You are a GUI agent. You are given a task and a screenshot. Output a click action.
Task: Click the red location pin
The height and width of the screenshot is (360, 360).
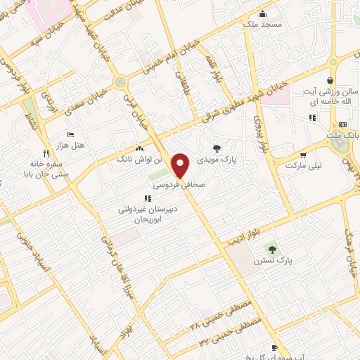point(181,165)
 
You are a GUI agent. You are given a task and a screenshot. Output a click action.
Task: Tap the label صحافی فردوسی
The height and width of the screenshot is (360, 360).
point(179,185)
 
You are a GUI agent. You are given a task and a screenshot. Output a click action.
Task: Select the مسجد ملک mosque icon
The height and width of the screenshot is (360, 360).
point(262,13)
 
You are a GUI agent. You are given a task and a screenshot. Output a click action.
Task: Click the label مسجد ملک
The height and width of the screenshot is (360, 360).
point(262,25)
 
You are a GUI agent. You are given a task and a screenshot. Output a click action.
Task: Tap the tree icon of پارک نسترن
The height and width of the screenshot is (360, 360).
point(272,248)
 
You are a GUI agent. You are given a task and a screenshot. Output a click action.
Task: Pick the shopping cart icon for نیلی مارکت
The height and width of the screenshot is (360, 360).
point(302,155)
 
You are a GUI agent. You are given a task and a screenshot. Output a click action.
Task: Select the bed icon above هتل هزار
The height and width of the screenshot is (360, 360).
point(70,134)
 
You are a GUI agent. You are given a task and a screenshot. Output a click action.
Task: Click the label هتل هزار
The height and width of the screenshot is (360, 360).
point(71,145)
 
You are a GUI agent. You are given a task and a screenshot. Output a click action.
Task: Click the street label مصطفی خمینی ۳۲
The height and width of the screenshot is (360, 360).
point(231,332)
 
